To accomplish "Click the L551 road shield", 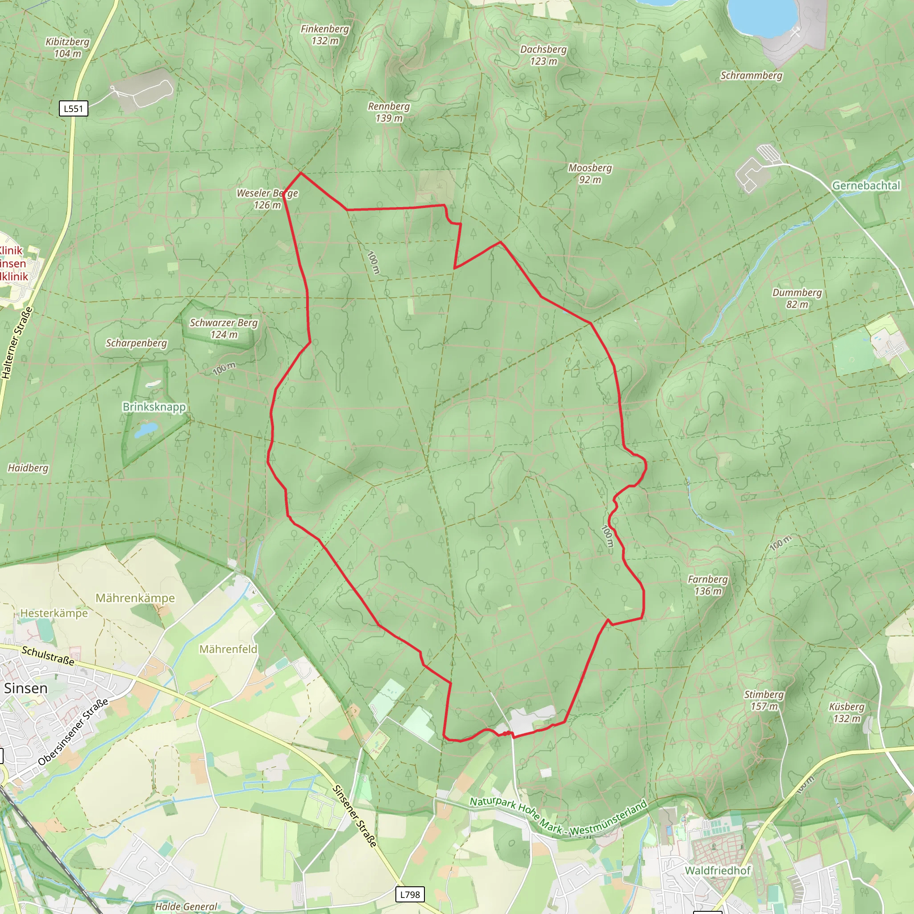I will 73,109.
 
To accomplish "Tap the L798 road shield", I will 410,894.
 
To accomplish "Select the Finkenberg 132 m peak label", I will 324,35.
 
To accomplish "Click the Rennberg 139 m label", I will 389,112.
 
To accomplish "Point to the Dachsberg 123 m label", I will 543,55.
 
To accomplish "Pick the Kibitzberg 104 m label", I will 67,48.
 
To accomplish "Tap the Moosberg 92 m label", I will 590,174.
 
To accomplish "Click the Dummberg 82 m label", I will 797,299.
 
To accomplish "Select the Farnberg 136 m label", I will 708,585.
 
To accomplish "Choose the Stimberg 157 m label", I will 764,700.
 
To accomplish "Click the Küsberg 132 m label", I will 847,712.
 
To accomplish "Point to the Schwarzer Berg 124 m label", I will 224,329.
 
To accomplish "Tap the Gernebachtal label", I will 866,186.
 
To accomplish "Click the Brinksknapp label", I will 154,407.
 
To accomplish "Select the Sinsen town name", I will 26,688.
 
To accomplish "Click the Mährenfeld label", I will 228,649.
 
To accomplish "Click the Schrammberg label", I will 751,76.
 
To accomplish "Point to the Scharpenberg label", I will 136,343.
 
